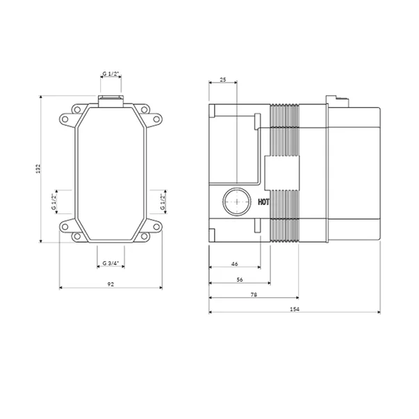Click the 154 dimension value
pos(295,309)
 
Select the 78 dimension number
pos(254,295)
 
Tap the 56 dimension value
pos(240,279)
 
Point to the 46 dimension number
pos(234,264)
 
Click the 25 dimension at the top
pos(223,79)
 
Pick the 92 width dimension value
pos(110,284)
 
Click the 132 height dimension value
pos(38,169)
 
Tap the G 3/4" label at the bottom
pos(110,263)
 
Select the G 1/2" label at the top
pos(110,74)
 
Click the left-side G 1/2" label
pos(54,202)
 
